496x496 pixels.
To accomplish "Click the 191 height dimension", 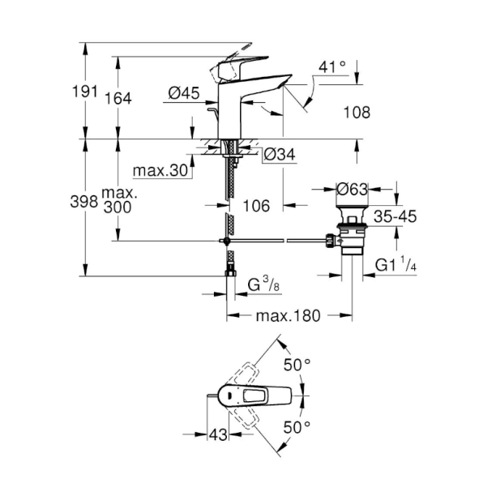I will point(71,91).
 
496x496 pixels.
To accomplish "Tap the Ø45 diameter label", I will point(184,95).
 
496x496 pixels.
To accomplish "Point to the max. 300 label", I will point(118,201).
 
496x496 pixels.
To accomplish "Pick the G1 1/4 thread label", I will point(396,265).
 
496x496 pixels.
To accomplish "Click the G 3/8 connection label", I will point(263,284).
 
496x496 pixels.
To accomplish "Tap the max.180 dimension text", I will point(289,314).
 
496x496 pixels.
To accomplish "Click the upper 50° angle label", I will point(296,366).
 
